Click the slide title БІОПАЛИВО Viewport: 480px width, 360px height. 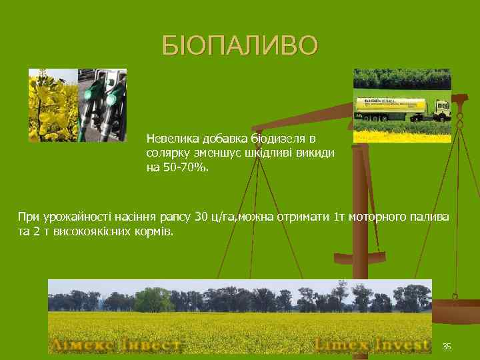[240, 46]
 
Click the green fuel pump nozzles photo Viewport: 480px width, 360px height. [103, 105]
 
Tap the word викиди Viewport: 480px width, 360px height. [317, 153]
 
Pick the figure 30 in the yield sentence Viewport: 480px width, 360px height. [201, 217]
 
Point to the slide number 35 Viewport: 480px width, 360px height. [447, 346]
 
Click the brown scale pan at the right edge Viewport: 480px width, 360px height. [457, 311]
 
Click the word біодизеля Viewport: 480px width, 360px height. [279, 139]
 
